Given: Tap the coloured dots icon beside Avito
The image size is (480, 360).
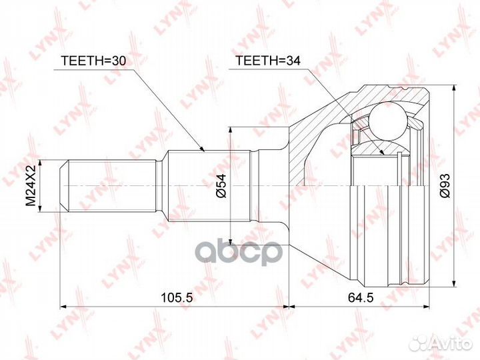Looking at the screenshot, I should point(420,342).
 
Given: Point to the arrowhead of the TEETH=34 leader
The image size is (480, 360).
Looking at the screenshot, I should point(383,154).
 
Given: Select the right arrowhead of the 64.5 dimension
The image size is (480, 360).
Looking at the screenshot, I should point(424,307).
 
